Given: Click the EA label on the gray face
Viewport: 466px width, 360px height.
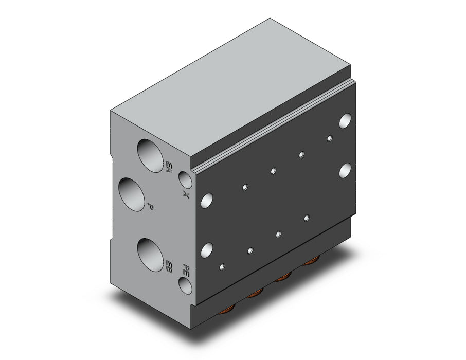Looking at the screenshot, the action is click(169, 167).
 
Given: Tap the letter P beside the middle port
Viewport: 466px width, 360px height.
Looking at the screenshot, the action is click(150, 207).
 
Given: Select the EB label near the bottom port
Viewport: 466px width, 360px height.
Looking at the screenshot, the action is click(169, 267).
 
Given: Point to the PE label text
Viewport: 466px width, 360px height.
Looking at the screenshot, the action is click(186, 270).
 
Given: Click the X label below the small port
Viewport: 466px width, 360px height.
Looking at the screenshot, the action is click(186, 194).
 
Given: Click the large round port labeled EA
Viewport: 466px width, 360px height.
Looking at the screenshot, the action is click(151, 155).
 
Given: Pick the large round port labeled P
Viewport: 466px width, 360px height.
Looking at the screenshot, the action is click(132, 194).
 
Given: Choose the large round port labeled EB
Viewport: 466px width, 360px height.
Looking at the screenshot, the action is click(151, 255).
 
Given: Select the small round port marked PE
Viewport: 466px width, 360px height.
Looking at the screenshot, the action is click(185, 285).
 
